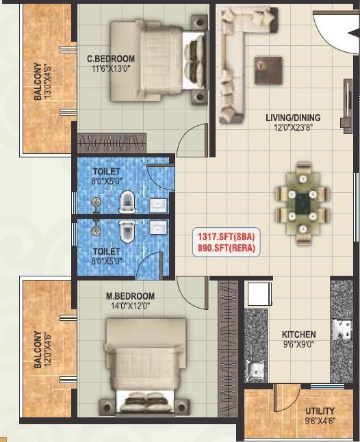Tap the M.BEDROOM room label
click(x=129, y=296)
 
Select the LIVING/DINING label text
click(x=293, y=118)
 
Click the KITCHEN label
click(x=299, y=335)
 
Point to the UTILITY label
click(x=320, y=411)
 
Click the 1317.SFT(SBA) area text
click(x=226, y=237)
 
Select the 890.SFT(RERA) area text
click(x=226, y=248)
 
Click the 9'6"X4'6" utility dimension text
click(x=320, y=421)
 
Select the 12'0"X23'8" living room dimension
click(x=293, y=127)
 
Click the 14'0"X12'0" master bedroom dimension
click(x=129, y=306)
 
